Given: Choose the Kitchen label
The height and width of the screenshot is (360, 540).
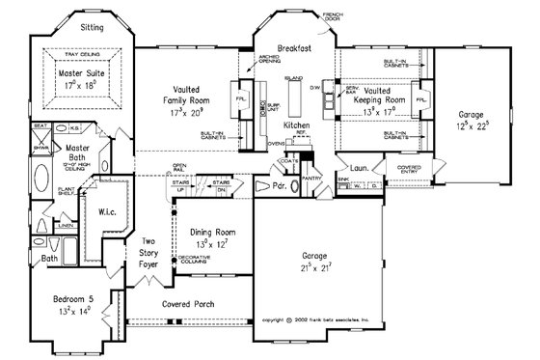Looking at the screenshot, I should pos(294,126).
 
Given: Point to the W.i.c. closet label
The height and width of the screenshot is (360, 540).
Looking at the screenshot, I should pos(108,211).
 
